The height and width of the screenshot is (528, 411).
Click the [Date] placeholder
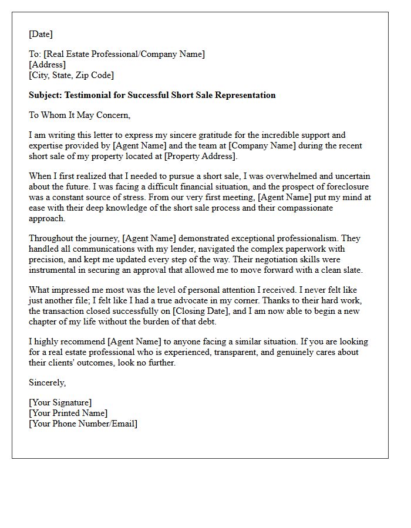pos(41,34)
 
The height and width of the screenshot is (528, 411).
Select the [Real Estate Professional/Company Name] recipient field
pos(124,54)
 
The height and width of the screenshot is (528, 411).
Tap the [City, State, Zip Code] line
pos(71,75)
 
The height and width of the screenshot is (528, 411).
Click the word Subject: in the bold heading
pos(45,95)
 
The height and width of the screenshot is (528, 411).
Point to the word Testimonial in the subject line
pos(88,95)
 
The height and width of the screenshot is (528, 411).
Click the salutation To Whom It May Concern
pos(79,115)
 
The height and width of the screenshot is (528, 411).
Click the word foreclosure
pos(344,187)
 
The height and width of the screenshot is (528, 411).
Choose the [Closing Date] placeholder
pos(196,311)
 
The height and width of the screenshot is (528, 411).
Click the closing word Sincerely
pos(47,383)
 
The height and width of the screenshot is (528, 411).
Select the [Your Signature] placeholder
pos(60,402)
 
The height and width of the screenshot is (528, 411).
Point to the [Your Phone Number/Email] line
pos(83,424)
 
